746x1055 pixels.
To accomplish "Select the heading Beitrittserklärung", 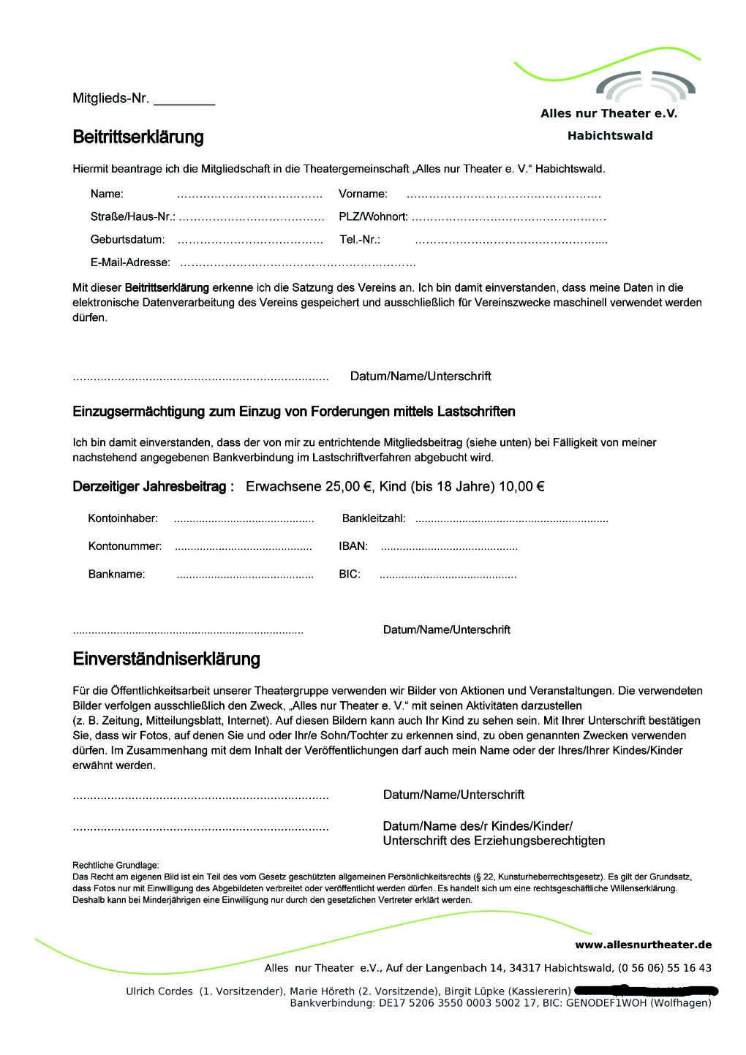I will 138,137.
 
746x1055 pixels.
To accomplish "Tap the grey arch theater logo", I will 646,86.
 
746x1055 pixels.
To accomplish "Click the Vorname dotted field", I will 503,195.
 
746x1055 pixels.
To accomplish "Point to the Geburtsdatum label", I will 127,239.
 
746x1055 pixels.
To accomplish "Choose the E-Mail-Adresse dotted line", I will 298,263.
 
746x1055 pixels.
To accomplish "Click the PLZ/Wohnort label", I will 373,216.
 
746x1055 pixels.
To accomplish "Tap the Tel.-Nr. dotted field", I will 510,241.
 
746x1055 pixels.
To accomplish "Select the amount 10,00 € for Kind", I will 521,486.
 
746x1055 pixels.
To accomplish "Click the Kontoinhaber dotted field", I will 244,520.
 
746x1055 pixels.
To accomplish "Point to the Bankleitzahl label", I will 374,518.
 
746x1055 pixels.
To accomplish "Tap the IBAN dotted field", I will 449,548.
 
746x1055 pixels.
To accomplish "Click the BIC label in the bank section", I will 350,574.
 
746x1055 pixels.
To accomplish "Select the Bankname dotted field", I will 245,576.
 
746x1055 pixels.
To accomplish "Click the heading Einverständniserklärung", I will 166,659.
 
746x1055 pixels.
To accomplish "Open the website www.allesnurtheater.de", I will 643,945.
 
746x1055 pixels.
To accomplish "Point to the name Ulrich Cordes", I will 159,991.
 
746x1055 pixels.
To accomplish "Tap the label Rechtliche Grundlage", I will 116,865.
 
